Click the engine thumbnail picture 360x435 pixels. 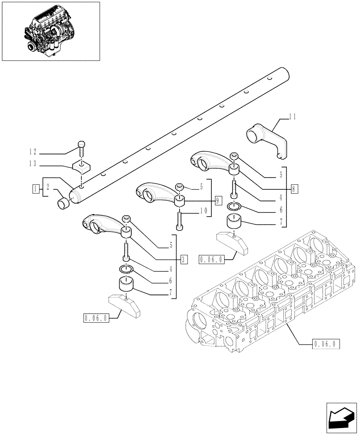(51, 31)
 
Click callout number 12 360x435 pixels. (33, 152)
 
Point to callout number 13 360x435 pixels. (33, 164)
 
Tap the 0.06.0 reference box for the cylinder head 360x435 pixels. (326, 345)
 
